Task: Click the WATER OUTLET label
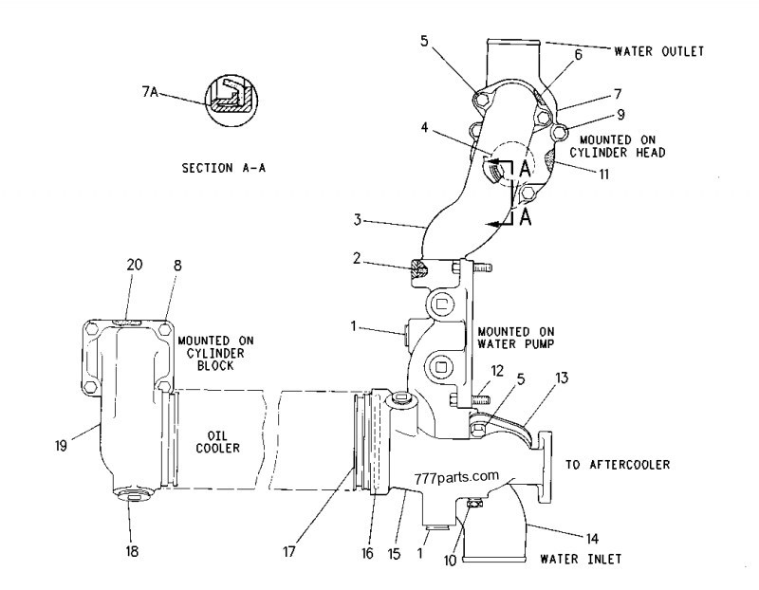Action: (x=659, y=51)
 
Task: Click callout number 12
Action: (x=495, y=368)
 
